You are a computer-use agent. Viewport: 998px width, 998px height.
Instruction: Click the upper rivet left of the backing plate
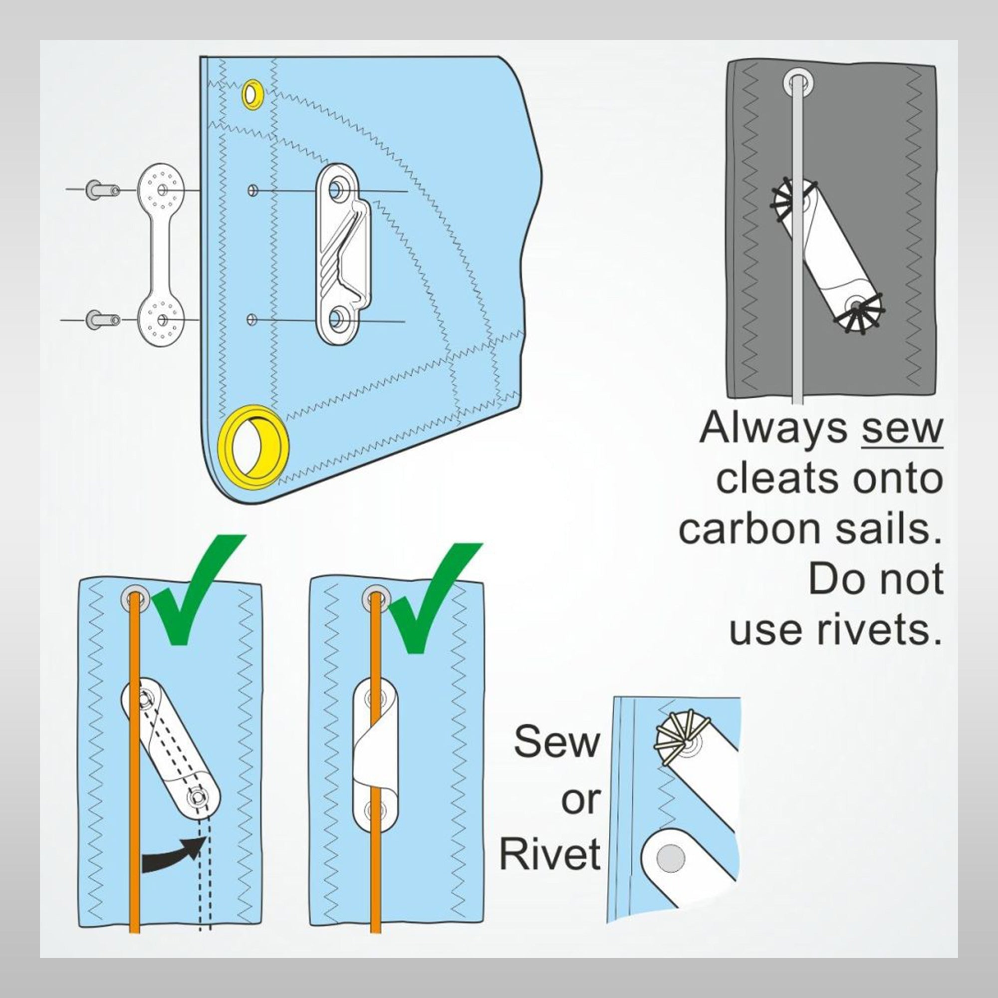103,190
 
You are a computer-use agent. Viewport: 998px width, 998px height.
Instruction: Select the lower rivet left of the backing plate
103,320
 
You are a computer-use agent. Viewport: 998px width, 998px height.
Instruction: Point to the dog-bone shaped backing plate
161,255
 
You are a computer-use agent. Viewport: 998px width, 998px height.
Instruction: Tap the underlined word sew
902,428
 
